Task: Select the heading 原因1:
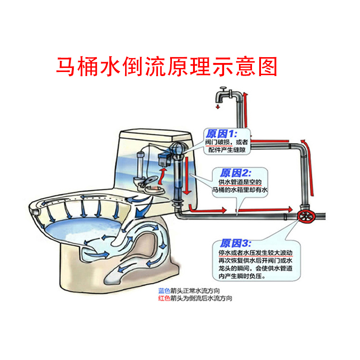tap(220, 134)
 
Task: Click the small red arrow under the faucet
tap(217, 107)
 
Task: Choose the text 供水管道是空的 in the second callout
tap(239, 182)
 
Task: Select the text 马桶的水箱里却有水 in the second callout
tap(239, 190)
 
